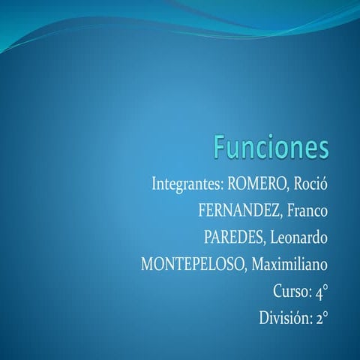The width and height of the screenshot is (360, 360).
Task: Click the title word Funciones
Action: (271, 148)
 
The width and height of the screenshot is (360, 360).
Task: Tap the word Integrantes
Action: (186, 183)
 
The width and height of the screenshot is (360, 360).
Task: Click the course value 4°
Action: (321, 292)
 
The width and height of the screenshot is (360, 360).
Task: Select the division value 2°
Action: (321, 319)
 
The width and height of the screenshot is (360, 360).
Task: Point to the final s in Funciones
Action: (322, 149)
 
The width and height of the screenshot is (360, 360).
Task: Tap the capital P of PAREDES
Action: (208, 237)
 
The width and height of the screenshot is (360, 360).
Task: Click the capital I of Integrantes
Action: (154, 183)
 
